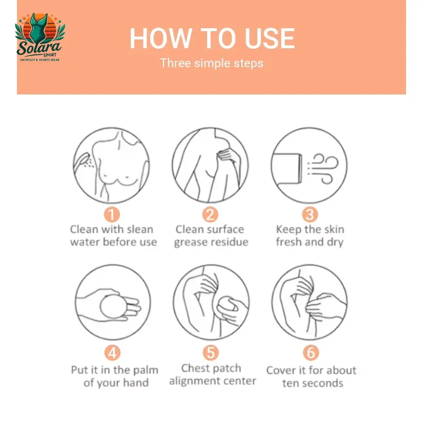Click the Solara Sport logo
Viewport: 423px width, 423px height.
[x=40, y=37]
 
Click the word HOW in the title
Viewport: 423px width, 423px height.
[x=161, y=38]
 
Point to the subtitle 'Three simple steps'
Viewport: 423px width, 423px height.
[x=212, y=63]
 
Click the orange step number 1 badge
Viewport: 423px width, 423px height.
[x=112, y=215]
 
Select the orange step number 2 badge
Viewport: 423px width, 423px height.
[x=210, y=215]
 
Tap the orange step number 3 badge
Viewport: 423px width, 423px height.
[x=310, y=215]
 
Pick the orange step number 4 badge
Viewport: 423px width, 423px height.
[x=112, y=353]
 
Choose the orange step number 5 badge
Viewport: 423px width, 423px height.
[x=210, y=353]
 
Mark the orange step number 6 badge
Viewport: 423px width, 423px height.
[x=311, y=353]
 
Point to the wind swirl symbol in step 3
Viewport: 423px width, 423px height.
[x=323, y=168]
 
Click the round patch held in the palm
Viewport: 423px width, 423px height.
[x=113, y=306]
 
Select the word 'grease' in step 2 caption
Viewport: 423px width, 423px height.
[x=189, y=242]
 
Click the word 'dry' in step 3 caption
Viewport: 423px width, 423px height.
[x=335, y=242]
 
